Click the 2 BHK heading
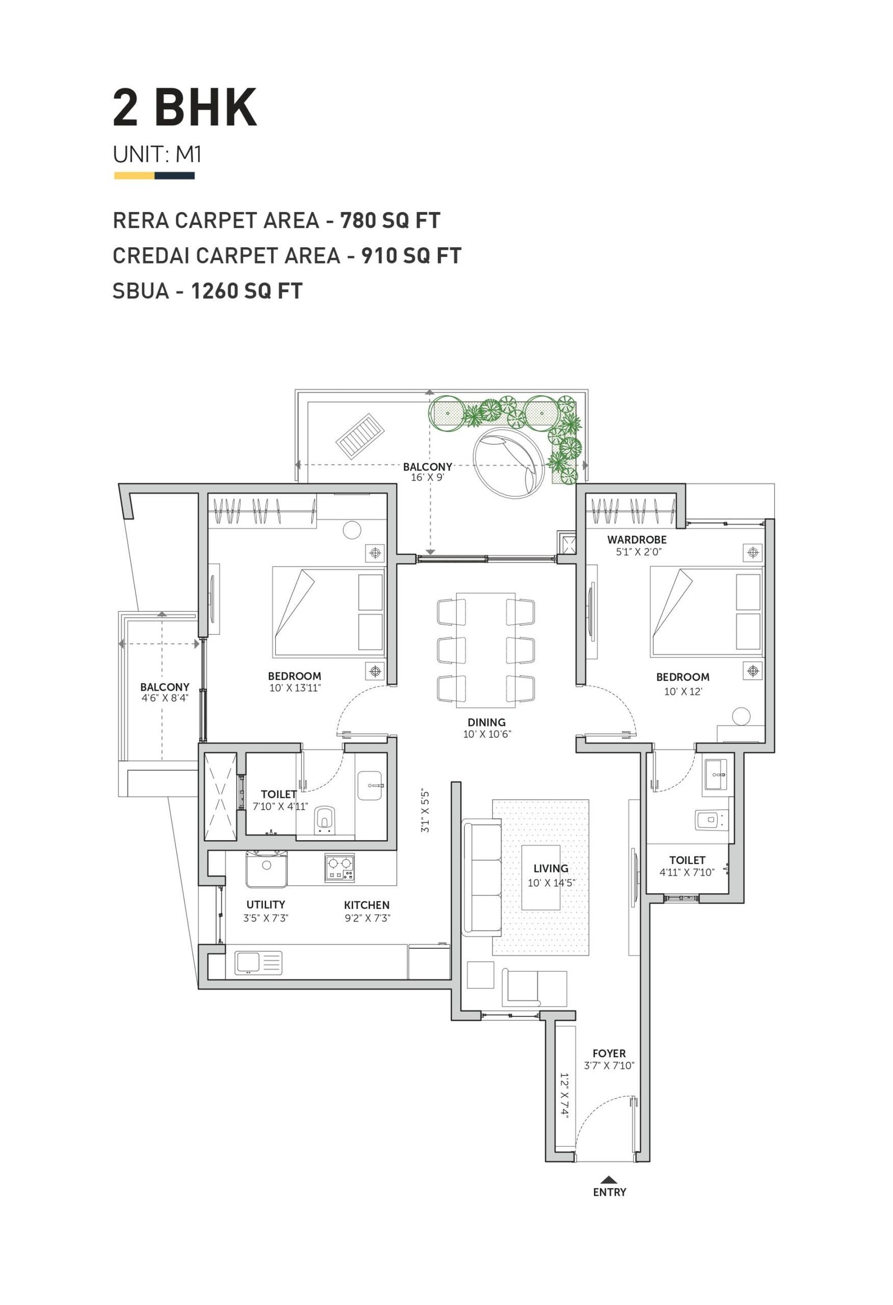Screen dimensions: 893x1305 pyautogui.click(x=185, y=108)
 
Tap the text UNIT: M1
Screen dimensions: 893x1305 pyautogui.click(x=157, y=155)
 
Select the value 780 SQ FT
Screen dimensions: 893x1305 pyautogui.click(x=390, y=220)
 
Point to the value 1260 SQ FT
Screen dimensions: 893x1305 pyautogui.click(x=247, y=291)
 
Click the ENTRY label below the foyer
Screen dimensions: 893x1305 pyautogui.click(x=609, y=1192)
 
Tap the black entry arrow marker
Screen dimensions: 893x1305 pyautogui.click(x=609, y=1179)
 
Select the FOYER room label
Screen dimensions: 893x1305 pyautogui.click(x=609, y=1053)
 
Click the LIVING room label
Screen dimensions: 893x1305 pyautogui.click(x=551, y=868)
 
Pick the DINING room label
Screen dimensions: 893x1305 pyautogui.click(x=486, y=722)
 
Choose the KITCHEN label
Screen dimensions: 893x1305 pyautogui.click(x=367, y=905)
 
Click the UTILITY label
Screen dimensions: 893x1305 pyautogui.click(x=266, y=904)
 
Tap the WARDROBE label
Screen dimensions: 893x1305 pyautogui.click(x=637, y=540)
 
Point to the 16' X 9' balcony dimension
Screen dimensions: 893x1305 pyautogui.click(x=428, y=477)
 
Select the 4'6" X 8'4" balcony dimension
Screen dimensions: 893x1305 pyautogui.click(x=165, y=698)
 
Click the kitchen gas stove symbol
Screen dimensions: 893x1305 pyautogui.click(x=340, y=867)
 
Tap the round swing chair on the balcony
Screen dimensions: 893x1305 pyautogui.click(x=509, y=463)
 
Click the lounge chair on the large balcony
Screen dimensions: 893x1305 pyautogui.click(x=361, y=436)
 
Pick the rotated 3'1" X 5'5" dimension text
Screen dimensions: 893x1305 pyautogui.click(x=425, y=812)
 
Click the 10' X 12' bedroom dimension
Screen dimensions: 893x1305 pyautogui.click(x=683, y=691)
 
